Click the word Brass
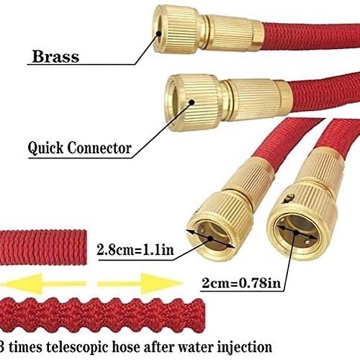click(x=55, y=56)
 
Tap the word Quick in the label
click(x=45, y=148)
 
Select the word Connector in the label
click(x=99, y=148)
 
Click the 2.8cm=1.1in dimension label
click(x=135, y=249)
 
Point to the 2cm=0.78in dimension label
click(x=241, y=283)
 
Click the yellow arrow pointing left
click(x=43, y=284)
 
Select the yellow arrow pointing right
click(x=140, y=284)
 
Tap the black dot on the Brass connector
click(x=158, y=33)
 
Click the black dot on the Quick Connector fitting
click(x=192, y=102)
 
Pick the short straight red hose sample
click(x=43, y=247)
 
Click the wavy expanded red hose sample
click(x=103, y=315)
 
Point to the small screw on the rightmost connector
click(x=288, y=199)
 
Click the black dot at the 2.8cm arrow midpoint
click(x=210, y=238)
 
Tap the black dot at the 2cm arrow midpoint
click(x=297, y=232)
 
